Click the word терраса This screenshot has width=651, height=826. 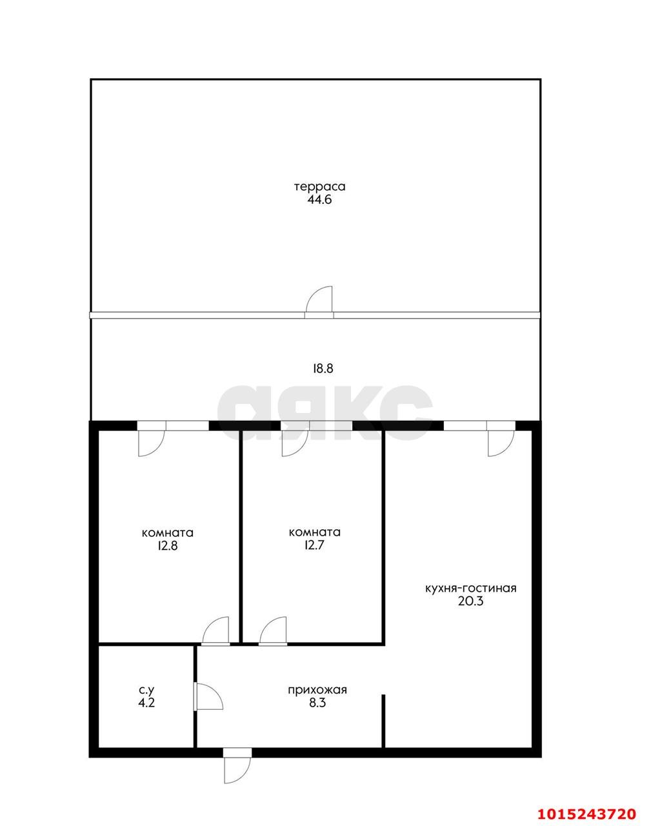pos(320,186)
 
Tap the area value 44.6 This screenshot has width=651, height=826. pos(320,199)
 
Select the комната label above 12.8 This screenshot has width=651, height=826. pos(168,533)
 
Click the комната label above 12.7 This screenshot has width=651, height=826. pos(315,532)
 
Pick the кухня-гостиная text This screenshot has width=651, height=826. pos(470,589)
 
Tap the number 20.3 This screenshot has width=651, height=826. pos(470,601)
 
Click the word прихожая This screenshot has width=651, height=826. pos(317,690)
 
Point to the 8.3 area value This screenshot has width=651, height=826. pos(317,703)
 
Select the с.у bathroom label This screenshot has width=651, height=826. pos(146,690)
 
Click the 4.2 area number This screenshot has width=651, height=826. pos(146,703)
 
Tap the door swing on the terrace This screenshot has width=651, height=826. pos(321,301)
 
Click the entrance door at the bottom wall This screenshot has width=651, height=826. pos(237,768)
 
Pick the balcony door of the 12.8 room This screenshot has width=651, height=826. pos(152,442)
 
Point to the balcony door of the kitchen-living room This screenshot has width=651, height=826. pos(500,442)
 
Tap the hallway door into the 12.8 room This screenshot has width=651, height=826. pos(216,631)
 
